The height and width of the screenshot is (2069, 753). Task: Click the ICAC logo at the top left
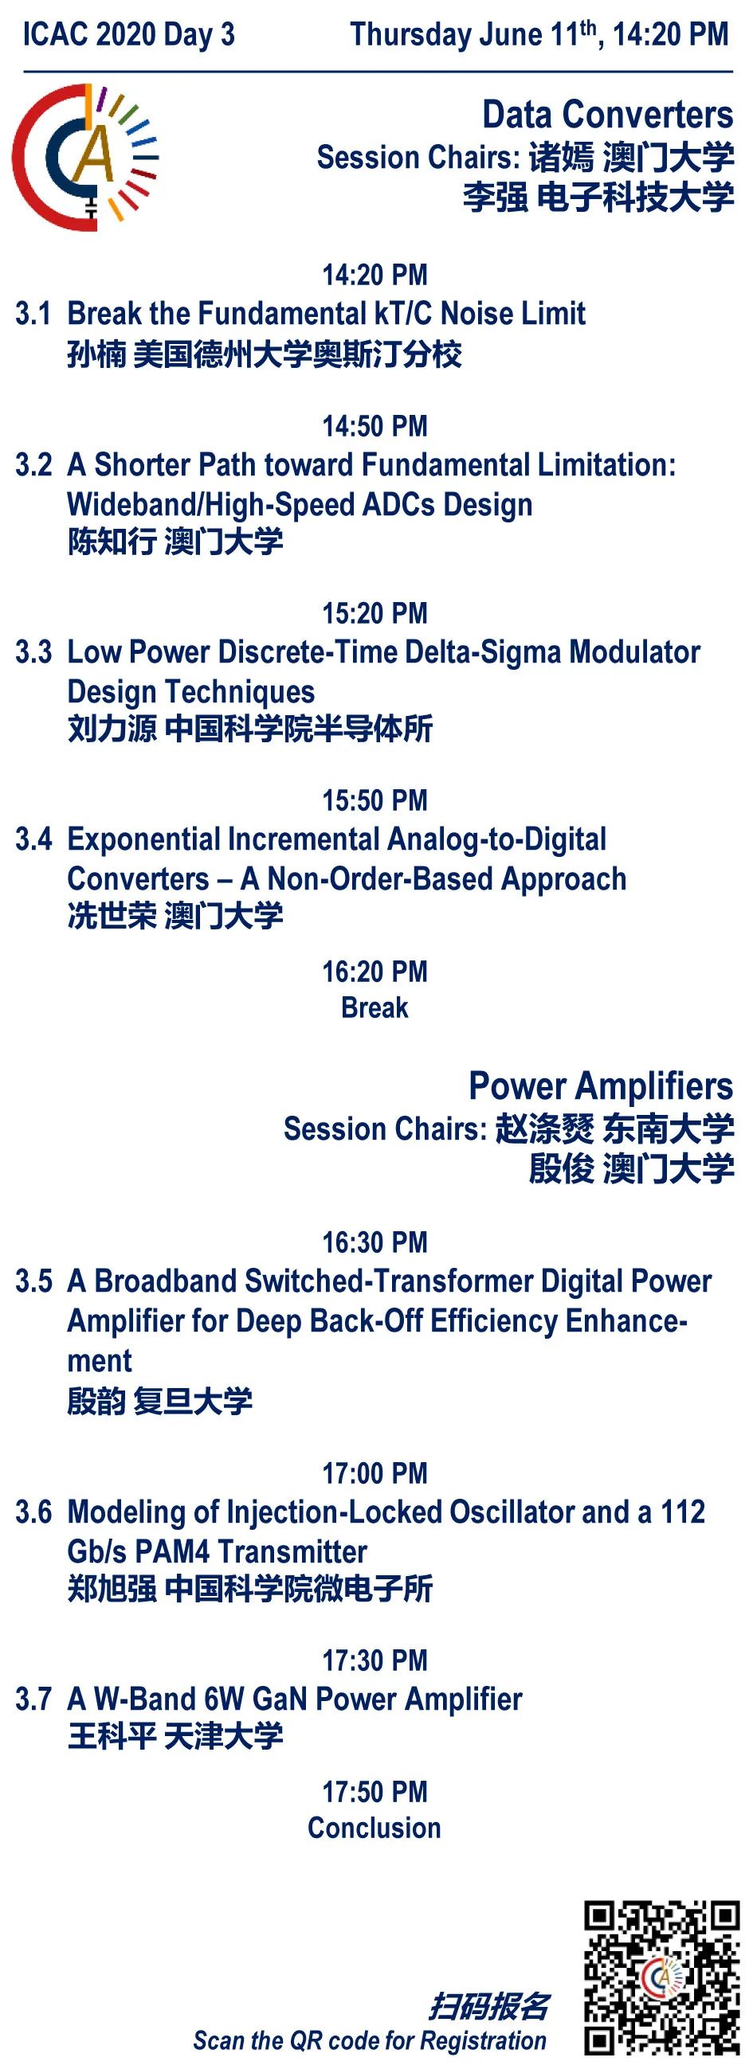pyautogui.click(x=84, y=158)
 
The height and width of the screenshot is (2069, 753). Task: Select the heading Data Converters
pyautogui.click(x=607, y=115)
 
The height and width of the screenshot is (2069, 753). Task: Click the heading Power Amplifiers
pyautogui.click(x=601, y=1086)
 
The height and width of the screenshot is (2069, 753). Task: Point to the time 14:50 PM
pyautogui.click(x=375, y=426)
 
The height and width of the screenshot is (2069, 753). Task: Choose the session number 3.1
pyautogui.click(x=33, y=313)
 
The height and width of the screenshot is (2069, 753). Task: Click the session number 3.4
pyautogui.click(x=33, y=839)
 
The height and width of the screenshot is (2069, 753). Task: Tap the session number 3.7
pyautogui.click(x=33, y=1699)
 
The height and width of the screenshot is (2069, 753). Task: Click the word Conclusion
pyautogui.click(x=375, y=1828)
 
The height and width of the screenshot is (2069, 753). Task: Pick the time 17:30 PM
pyautogui.click(x=375, y=1660)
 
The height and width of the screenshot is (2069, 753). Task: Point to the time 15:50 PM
pyautogui.click(x=375, y=800)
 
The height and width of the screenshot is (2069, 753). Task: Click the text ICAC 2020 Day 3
pyautogui.click(x=128, y=34)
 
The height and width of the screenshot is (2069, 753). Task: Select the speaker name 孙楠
pyautogui.click(x=96, y=354)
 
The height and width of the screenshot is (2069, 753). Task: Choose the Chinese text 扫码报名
pyautogui.click(x=488, y=2005)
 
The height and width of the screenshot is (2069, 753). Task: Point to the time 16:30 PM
pyautogui.click(x=375, y=1242)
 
